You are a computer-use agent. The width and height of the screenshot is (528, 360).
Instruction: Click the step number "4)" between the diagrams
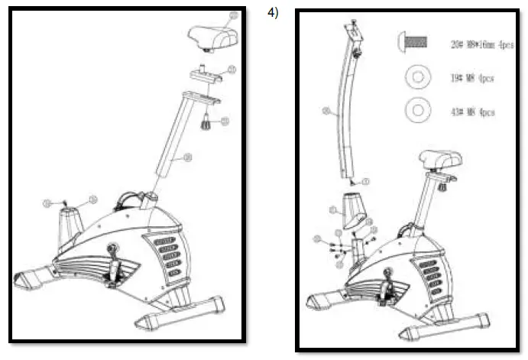pos(272,12)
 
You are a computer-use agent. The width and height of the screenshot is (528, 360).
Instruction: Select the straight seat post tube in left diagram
pos(171,141)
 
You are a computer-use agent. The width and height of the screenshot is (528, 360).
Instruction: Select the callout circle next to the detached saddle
pos(234,15)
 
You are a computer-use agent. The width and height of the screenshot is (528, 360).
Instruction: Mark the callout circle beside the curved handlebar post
pos(326,112)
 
